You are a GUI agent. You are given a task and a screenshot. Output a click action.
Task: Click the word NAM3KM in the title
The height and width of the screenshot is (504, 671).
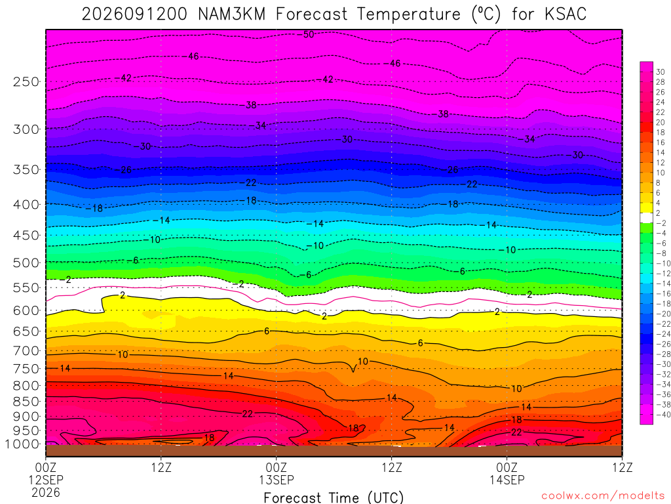point(231,14)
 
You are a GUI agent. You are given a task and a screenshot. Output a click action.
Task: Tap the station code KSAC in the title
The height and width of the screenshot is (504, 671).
point(566,14)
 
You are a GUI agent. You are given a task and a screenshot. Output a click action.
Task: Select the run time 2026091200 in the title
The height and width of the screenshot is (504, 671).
point(134,14)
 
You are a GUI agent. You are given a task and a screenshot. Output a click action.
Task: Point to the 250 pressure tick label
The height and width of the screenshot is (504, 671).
point(26,81)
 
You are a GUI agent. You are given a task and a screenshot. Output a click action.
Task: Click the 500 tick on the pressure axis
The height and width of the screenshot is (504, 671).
point(26,262)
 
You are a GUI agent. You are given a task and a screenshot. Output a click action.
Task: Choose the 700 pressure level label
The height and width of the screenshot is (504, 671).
point(26,351)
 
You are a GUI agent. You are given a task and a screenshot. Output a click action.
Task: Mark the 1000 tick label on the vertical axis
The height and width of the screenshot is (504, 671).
point(22,444)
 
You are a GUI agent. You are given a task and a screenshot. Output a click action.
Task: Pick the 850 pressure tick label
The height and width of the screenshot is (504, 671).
point(26,402)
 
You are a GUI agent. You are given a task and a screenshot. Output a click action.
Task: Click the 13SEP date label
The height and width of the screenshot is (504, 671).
point(277,480)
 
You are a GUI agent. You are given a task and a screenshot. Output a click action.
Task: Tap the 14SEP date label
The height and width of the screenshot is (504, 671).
point(507,480)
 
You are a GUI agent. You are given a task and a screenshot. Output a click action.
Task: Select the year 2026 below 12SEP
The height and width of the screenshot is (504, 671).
point(46,492)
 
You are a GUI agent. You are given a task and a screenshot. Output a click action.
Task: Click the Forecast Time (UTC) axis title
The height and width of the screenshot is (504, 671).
point(334,497)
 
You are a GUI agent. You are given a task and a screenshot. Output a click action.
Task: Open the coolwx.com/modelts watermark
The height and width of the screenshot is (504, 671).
point(603,496)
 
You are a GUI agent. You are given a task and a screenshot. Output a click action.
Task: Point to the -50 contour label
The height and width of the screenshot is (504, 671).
point(307,34)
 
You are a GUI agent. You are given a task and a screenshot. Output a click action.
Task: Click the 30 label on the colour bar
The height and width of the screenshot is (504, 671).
point(661,72)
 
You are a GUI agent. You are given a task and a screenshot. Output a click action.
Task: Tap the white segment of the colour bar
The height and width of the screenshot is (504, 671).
point(647,218)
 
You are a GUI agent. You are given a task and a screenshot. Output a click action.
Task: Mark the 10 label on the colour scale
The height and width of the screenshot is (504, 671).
point(661,173)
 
